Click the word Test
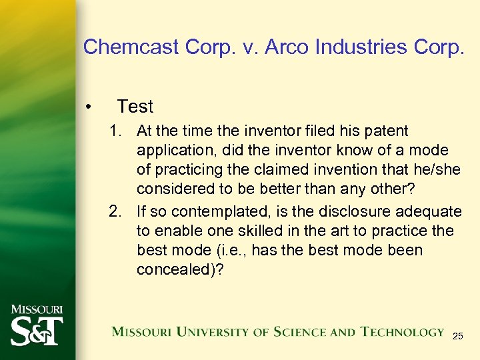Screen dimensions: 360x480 135,106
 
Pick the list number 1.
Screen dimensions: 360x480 117,131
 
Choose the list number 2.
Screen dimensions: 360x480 117,211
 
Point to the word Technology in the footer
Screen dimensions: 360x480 402,331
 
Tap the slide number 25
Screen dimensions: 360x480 457,337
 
